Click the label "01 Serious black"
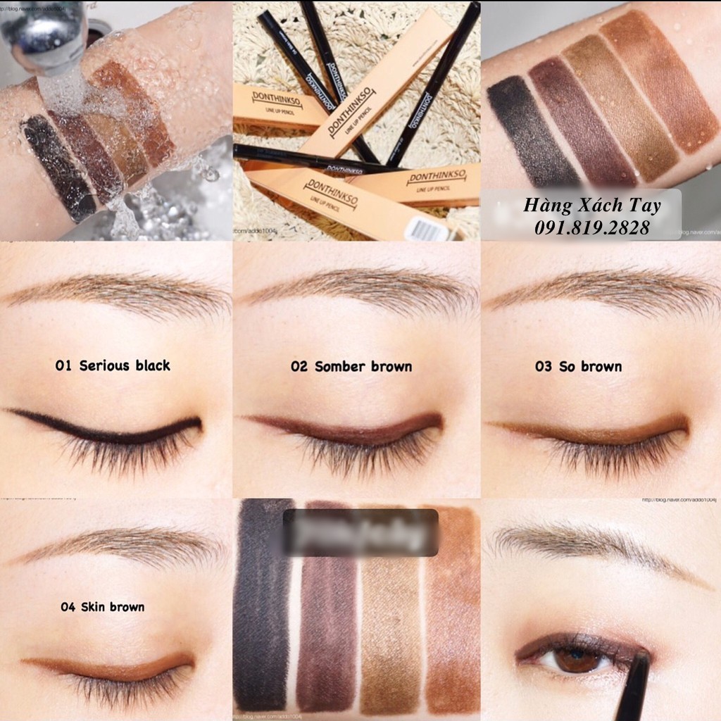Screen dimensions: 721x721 (113, 365)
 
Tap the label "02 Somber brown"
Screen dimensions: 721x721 (351, 366)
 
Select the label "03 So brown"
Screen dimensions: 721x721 (578, 366)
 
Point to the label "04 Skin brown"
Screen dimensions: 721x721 (103, 606)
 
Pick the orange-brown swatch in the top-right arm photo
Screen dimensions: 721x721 (658, 81)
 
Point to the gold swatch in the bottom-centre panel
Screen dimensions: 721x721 (391, 606)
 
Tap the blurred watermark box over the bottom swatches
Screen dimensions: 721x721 (360, 532)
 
